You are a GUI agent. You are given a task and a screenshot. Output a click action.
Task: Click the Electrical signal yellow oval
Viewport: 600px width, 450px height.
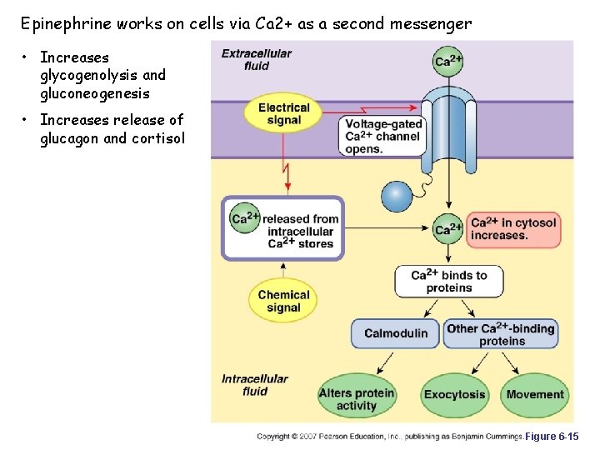click(283, 114)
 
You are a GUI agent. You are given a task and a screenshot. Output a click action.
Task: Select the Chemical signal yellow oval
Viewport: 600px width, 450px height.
click(283, 301)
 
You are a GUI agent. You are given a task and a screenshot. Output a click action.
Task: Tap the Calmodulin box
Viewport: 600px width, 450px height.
click(396, 333)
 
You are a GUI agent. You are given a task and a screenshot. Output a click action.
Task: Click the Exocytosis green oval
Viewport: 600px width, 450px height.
click(454, 394)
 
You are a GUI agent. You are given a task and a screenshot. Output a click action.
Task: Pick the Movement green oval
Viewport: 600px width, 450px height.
click(535, 394)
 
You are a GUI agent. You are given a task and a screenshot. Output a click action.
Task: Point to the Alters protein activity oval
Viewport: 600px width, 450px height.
click(357, 399)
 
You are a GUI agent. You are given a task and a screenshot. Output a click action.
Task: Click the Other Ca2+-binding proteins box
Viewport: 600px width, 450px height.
click(501, 334)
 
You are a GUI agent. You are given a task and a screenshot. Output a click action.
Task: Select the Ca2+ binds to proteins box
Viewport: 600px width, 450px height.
click(449, 282)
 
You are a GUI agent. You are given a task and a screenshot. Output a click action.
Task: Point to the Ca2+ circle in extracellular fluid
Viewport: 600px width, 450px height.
click(449, 61)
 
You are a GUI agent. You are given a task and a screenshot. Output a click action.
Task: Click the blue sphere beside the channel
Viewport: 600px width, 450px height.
click(397, 197)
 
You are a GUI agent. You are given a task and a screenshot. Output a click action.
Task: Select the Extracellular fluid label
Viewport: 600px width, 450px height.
click(257, 59)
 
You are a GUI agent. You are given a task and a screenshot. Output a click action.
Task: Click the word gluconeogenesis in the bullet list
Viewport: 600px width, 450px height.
click(95, 93)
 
